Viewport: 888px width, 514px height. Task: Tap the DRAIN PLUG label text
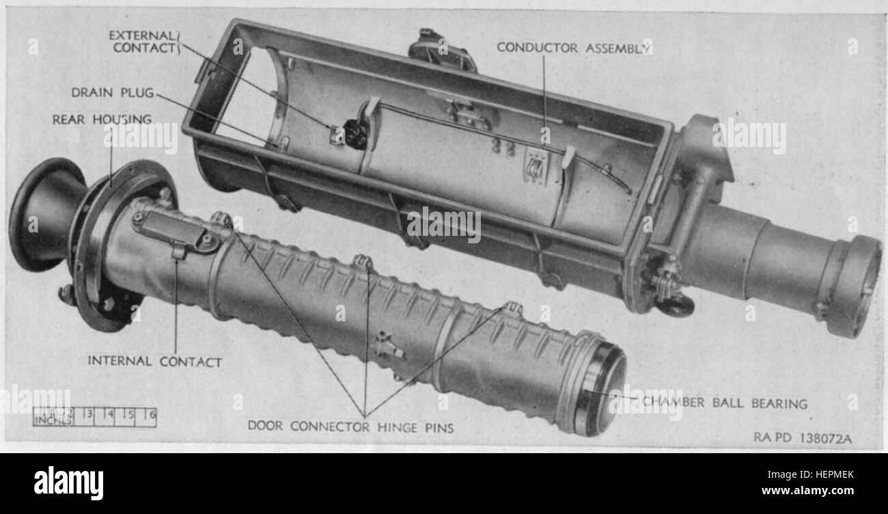click(x=113, y=92)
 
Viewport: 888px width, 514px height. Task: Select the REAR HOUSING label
click(x=102, y=120)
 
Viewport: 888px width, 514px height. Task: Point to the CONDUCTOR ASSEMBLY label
click(x=572, y=47)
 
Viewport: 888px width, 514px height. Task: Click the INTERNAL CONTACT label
click(x=154, y=362)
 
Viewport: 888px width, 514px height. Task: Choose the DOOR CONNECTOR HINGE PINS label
click(x=350, y=426)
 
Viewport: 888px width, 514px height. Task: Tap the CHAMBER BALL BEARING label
click(x=724, y=403)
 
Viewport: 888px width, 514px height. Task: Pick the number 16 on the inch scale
click(x=149, y=414)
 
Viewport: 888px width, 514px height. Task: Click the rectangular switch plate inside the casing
click(x=535, y=166)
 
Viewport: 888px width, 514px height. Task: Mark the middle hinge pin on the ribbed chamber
click(x=363, y=262)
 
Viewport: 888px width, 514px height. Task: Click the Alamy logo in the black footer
click(x=68, y=483)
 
